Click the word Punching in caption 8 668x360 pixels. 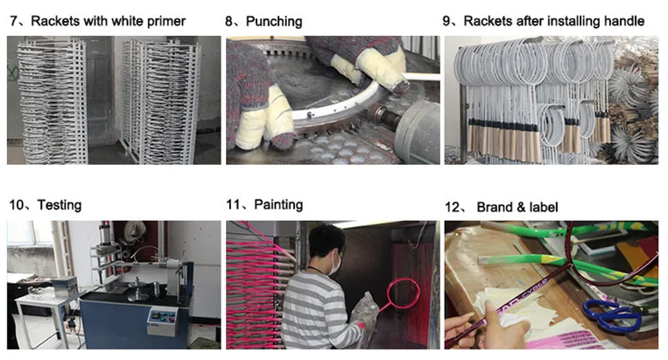[x=274, y=20]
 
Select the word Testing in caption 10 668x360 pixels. [x=59, y=205]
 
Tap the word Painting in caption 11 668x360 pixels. [x=278, y=205]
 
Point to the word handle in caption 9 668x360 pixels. [x=622, y=20]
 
